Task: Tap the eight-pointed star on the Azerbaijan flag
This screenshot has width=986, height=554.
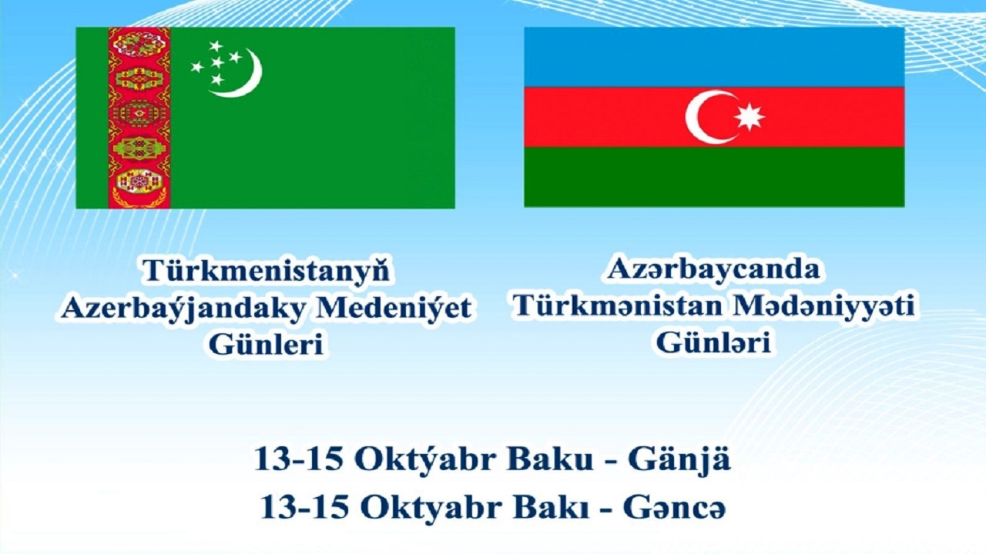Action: (x=749, y=116)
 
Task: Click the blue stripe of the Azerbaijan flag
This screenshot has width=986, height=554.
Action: (x=714, y=57)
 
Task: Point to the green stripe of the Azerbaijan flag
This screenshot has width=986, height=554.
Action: (x=714, y=176)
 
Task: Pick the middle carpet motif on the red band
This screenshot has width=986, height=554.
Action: (x=139, y=113)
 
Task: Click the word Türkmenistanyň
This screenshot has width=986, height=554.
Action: (x=265, y=271)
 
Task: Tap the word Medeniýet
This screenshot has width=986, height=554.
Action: (x=394, y=308)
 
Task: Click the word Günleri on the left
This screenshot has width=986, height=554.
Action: (x=265, y=345)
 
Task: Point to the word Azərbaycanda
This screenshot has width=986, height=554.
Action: (x=713, y=269)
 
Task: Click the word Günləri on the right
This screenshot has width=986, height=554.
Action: (x=713, y=342)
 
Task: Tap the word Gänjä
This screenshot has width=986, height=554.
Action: (x=679, y=460)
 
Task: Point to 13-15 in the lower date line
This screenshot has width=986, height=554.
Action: (x=304, y=508)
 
